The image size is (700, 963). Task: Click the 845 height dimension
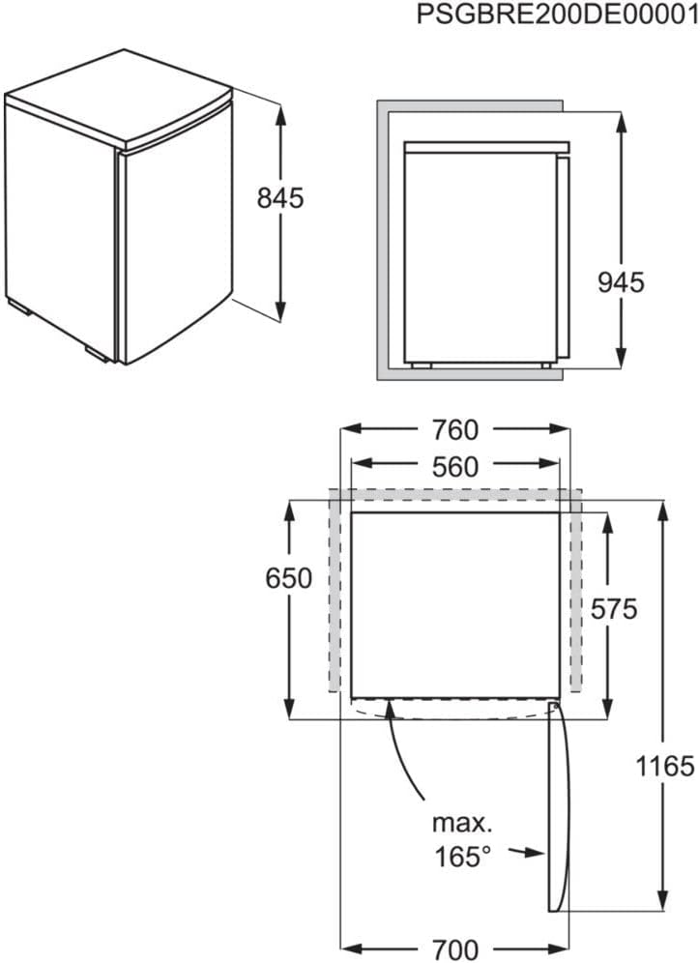click(280, 198)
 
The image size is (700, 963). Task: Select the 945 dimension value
click(620, 282)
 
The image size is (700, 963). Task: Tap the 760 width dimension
click(456, 428)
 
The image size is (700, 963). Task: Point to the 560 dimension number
click(456, 468)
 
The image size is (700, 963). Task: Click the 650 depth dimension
click(288, 578)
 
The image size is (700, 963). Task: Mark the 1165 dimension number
click(666, 767)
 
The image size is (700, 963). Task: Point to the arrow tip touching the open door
click(542, 853)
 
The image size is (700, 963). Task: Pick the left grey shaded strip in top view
click(335, 590)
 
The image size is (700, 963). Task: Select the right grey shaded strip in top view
click(574, 590)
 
